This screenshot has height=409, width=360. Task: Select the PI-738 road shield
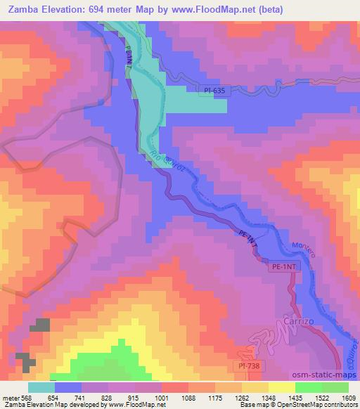click(x=249, y=367)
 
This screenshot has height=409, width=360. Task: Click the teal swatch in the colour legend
click(x=41, y=387)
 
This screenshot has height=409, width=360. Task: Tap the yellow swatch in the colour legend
click(x=282, y=387)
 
